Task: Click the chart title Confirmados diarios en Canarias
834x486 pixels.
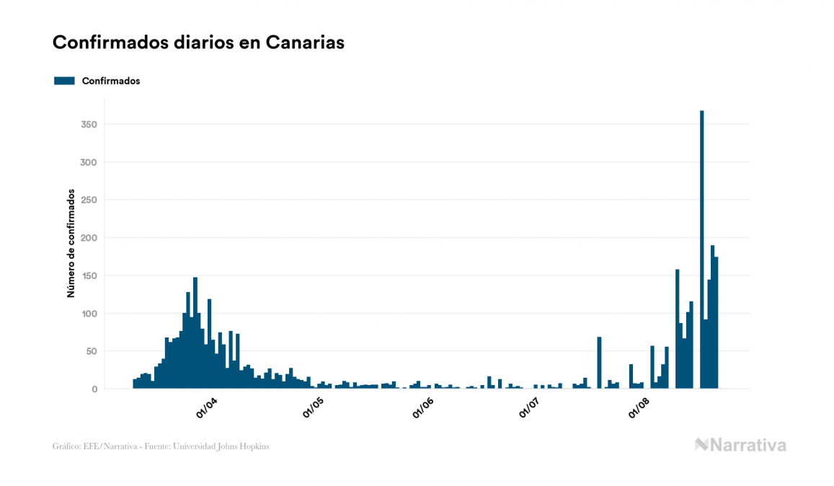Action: click(198, 43)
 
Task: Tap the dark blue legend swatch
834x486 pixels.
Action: click(64, 81)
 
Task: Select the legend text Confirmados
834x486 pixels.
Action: click(111, 81)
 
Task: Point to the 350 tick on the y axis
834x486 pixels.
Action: click(89, 125)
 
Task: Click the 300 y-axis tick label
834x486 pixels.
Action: click(89, 162)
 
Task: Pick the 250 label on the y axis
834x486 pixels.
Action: click(89, 200)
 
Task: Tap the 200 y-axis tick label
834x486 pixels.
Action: click(89, 238)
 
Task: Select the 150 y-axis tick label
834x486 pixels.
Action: click(89, 275)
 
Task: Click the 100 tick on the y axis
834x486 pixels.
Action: click(89, 314)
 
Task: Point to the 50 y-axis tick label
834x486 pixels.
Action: click(92, 351)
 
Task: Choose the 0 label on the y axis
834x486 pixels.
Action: click(94, 389)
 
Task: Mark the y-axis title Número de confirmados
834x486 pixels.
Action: click(71, 243)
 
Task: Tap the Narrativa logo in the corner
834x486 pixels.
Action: click(740, 445)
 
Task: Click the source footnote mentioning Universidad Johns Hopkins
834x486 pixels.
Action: click(161, 446)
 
